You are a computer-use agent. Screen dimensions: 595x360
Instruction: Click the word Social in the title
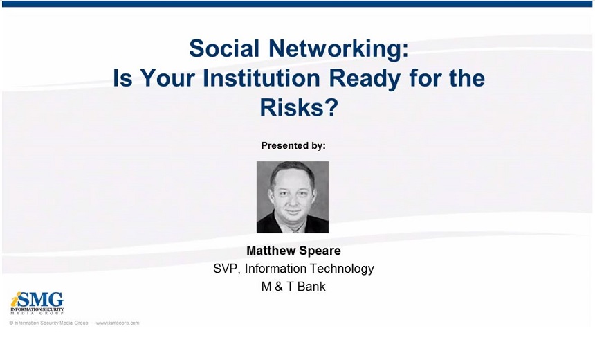pos(224,48)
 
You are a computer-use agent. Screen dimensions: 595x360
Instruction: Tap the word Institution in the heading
pos(262,78)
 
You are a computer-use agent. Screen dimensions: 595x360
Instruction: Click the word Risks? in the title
pos(299,107)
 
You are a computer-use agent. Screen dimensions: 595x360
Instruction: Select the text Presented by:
pos(293,146)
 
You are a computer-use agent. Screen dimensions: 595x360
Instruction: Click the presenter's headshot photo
pos(293,197)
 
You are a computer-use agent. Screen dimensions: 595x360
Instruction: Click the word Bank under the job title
pos(311,287)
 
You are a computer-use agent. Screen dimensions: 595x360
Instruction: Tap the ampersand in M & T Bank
pos(279,287)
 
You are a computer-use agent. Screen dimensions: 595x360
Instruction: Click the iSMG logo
pos(37,303)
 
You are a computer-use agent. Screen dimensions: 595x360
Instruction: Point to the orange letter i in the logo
pos(15,300)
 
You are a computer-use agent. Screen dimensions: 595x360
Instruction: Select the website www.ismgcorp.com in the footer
pos(117,323)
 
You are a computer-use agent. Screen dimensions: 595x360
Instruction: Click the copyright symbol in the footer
pos(11,323)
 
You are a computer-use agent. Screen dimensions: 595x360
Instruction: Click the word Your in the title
pos(167,78)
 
